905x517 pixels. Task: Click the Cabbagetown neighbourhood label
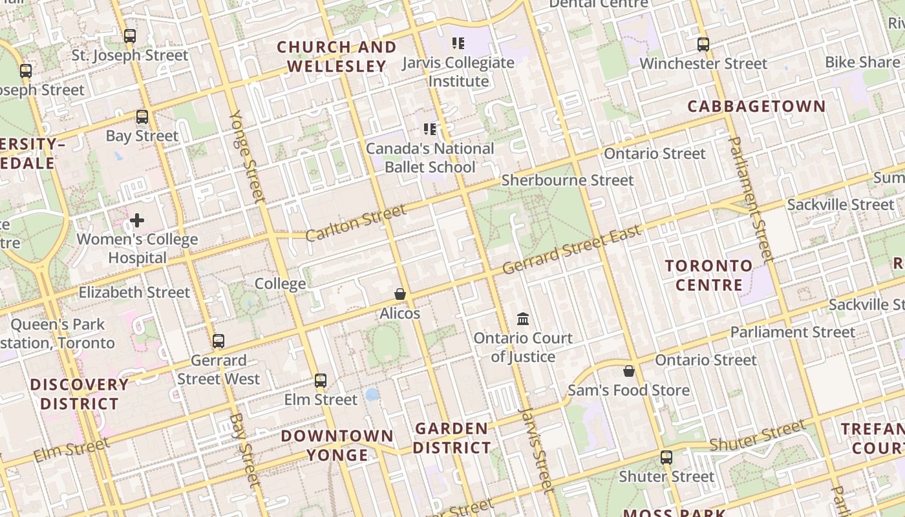tap(756, 107)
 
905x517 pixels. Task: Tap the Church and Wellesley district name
tap(337, 57)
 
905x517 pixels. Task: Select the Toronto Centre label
tap(708, 275)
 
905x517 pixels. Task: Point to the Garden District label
tap(452, 438)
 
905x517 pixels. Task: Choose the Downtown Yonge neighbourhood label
tap(337, 445)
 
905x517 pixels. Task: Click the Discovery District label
tap(80, 394)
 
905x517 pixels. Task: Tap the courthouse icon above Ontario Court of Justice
tap(523, 319)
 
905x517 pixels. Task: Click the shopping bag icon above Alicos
tap(400, 295)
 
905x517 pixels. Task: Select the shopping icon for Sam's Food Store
tap(628, 372)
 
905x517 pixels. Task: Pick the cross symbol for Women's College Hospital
tap(137, 221)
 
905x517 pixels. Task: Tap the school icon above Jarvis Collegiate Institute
tap(458, 43)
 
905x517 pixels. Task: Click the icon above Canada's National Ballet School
tap(430, 129)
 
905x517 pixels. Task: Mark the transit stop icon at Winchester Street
tap(703, 45)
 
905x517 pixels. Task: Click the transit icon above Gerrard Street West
tap(218, 341)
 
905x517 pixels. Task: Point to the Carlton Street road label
tap(356, 222)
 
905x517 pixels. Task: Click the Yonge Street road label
tap(248, 155)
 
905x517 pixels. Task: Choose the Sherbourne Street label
tap(568, 180)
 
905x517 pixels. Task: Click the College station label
tap(280, 284)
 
